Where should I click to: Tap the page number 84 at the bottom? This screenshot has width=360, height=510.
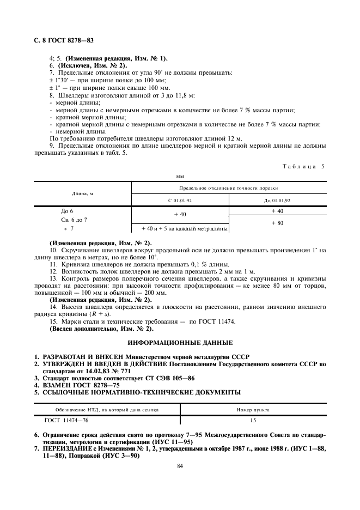tap(180, 466)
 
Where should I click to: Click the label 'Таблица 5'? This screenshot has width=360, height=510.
tap(303, 166)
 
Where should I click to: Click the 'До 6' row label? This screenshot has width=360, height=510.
tap(68, 211)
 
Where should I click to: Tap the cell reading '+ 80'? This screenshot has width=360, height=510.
tap(277, 223)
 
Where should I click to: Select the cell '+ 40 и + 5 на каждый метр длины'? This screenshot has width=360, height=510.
tap(180, 229)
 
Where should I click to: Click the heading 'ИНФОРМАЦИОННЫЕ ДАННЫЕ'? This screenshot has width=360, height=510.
tap(180, 343)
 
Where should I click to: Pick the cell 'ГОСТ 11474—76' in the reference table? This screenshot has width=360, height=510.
tap(65, 420)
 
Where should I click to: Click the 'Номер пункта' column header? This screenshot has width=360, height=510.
tap(252, 409)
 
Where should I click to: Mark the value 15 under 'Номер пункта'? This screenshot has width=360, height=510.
tap(252, 420)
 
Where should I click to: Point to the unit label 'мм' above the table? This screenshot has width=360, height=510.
tap(180, 177)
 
